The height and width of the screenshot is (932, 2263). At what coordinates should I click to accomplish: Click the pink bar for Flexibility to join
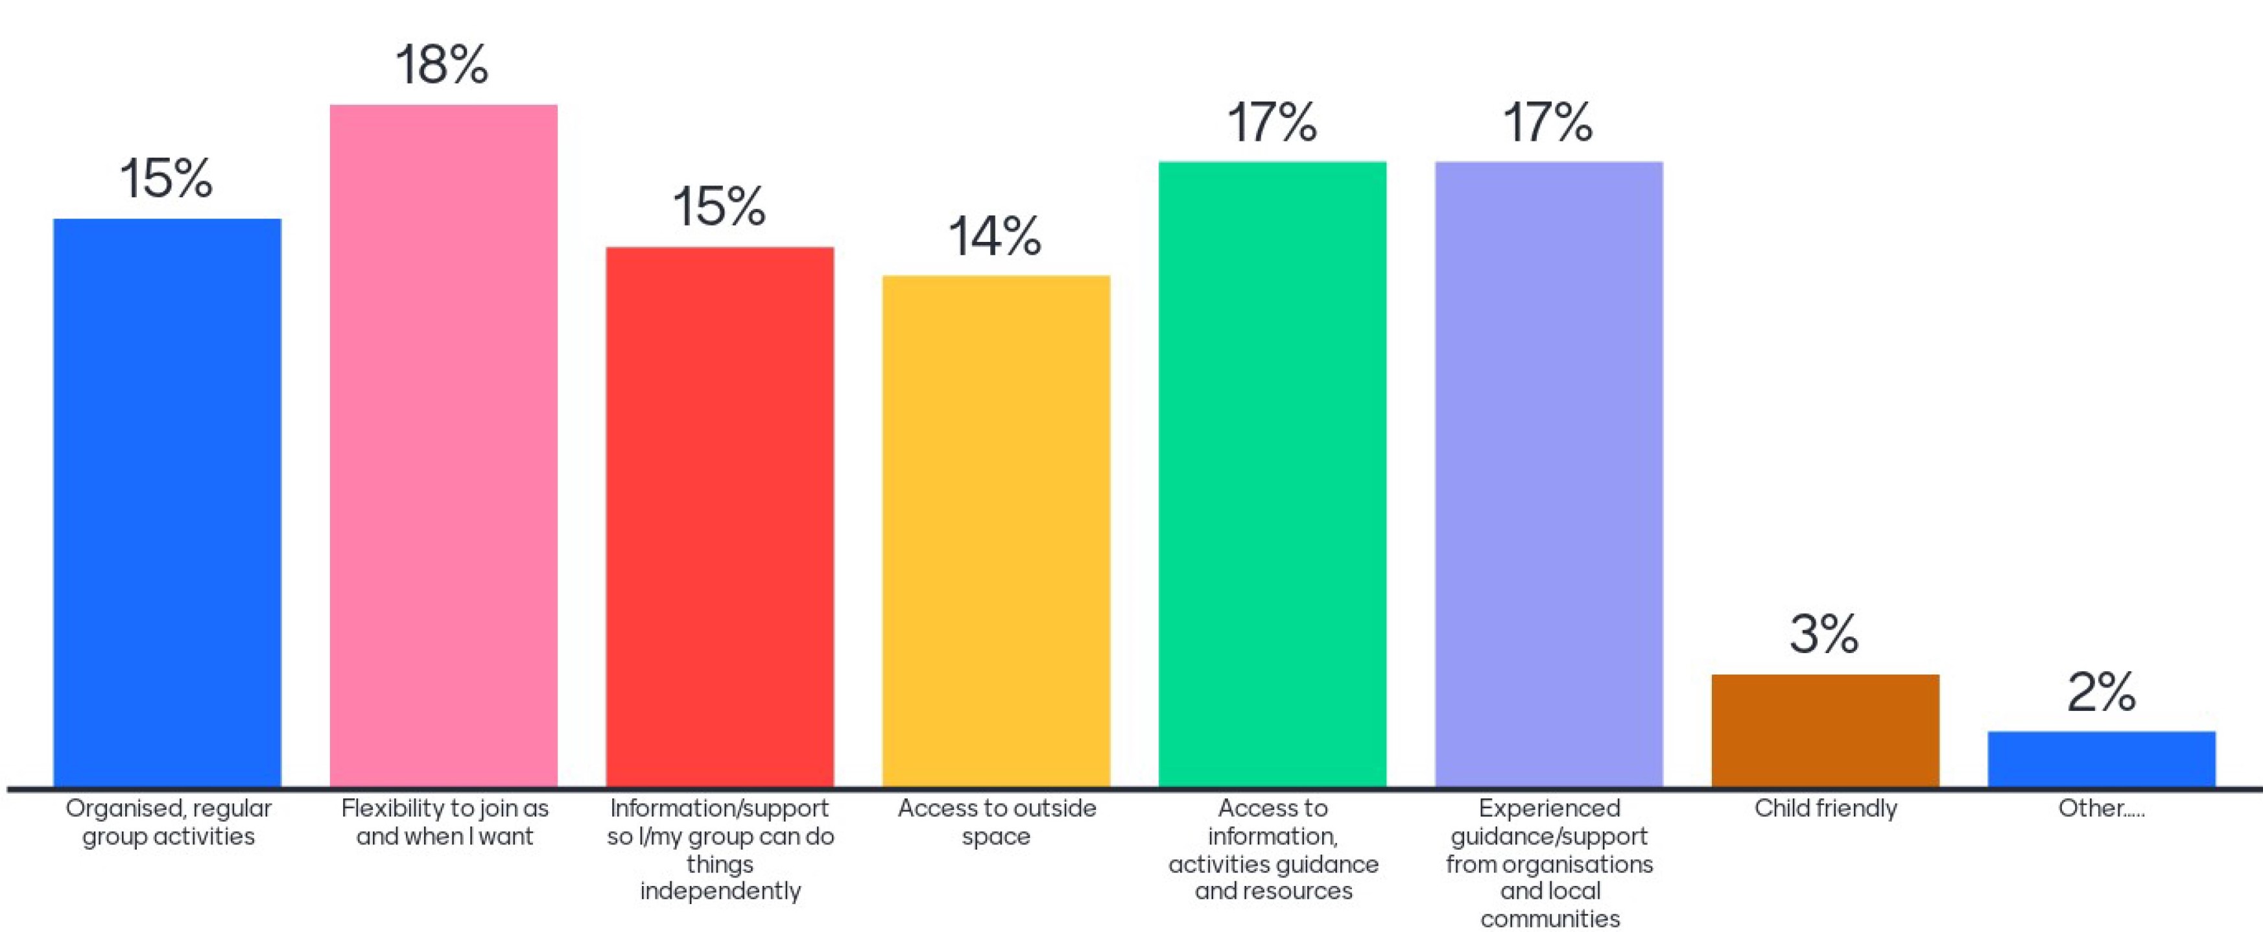click(x=444, y=446)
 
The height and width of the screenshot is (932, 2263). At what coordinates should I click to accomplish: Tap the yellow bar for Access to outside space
click(x=996, y=531)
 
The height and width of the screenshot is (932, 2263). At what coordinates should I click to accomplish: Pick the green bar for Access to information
click(x=1272, y=473)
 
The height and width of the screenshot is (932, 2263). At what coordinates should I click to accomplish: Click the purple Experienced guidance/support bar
click(x=1549, y=473)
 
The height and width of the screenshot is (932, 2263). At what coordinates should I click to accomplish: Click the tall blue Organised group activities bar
click(x=167, y=503)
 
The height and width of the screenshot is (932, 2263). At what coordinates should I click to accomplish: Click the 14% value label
click(x=995, y=237)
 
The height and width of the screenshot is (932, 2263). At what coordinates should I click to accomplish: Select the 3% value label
click(x=1825, y=634)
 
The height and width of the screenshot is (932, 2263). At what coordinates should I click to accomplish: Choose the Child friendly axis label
click(x=1825, y=808)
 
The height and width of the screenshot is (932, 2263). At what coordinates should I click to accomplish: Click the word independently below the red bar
click(x=720, y=890)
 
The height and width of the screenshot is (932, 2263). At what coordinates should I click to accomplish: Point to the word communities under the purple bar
click(x=1550, y=919)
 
